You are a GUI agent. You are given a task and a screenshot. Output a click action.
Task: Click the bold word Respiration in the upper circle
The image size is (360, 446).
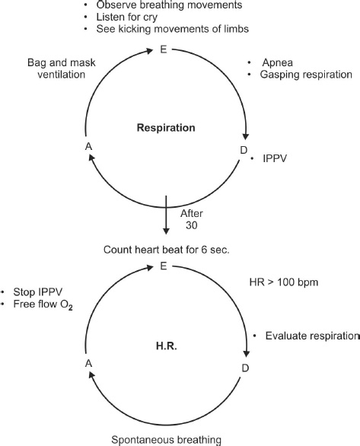coord(166,128)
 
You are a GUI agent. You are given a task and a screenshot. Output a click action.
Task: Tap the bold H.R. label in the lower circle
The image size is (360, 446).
coord(167,346)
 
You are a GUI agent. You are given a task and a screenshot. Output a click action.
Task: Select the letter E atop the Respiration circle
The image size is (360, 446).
coord(163,49)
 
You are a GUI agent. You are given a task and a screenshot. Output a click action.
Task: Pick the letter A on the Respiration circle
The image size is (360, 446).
coord(89,146)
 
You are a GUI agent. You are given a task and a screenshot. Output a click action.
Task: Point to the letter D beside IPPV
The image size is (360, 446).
coord(244,150)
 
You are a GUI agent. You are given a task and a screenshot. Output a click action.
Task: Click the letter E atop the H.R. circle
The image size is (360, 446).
coord(163,266)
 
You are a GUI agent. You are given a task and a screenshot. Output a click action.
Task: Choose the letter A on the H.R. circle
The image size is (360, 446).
coord(89,364)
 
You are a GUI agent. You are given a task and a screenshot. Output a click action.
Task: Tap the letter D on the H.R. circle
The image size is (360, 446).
coord(245,368)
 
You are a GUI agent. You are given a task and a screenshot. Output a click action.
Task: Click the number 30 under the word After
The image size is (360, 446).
coord(192,225)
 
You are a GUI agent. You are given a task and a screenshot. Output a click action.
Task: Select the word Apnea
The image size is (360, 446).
coord(278,62)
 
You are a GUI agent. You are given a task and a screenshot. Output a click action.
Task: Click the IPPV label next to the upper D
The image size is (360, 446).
coord(275,158)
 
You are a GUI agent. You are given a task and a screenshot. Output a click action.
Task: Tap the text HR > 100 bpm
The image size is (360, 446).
coord(284,282)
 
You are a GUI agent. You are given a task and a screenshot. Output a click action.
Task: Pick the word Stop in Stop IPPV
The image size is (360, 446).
coord(24,292)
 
